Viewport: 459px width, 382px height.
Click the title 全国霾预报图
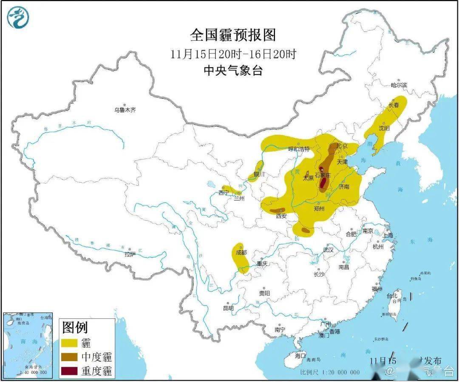click(233, 35)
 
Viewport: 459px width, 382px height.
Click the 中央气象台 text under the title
click(233, 70)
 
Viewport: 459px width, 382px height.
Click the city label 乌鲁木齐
click(125, 110)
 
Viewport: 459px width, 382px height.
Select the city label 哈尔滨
click(399, 85)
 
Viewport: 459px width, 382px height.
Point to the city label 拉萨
click(130, 254)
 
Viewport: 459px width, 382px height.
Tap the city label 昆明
click(228, 308)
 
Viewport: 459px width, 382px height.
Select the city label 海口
click(300, 355)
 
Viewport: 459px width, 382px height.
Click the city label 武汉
click(328, 250)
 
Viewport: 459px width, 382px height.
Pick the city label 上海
click(388, 235)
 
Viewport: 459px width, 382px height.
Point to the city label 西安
click(281, 216)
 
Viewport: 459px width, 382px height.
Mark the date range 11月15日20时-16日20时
click(233, 54)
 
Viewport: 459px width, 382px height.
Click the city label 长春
click(394, 105)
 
